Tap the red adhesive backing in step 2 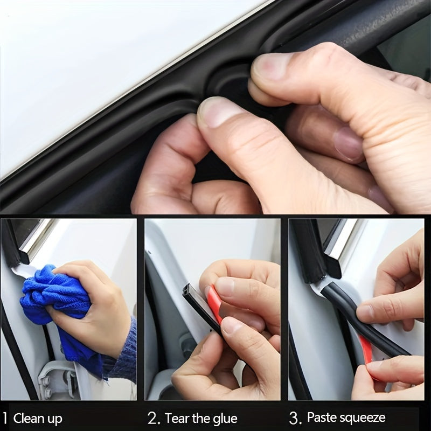coord(214,304)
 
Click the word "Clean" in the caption coord(31,419)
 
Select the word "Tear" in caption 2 coord(178,419)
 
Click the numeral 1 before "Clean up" coord(5,418)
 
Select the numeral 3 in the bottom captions coord(294,418)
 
